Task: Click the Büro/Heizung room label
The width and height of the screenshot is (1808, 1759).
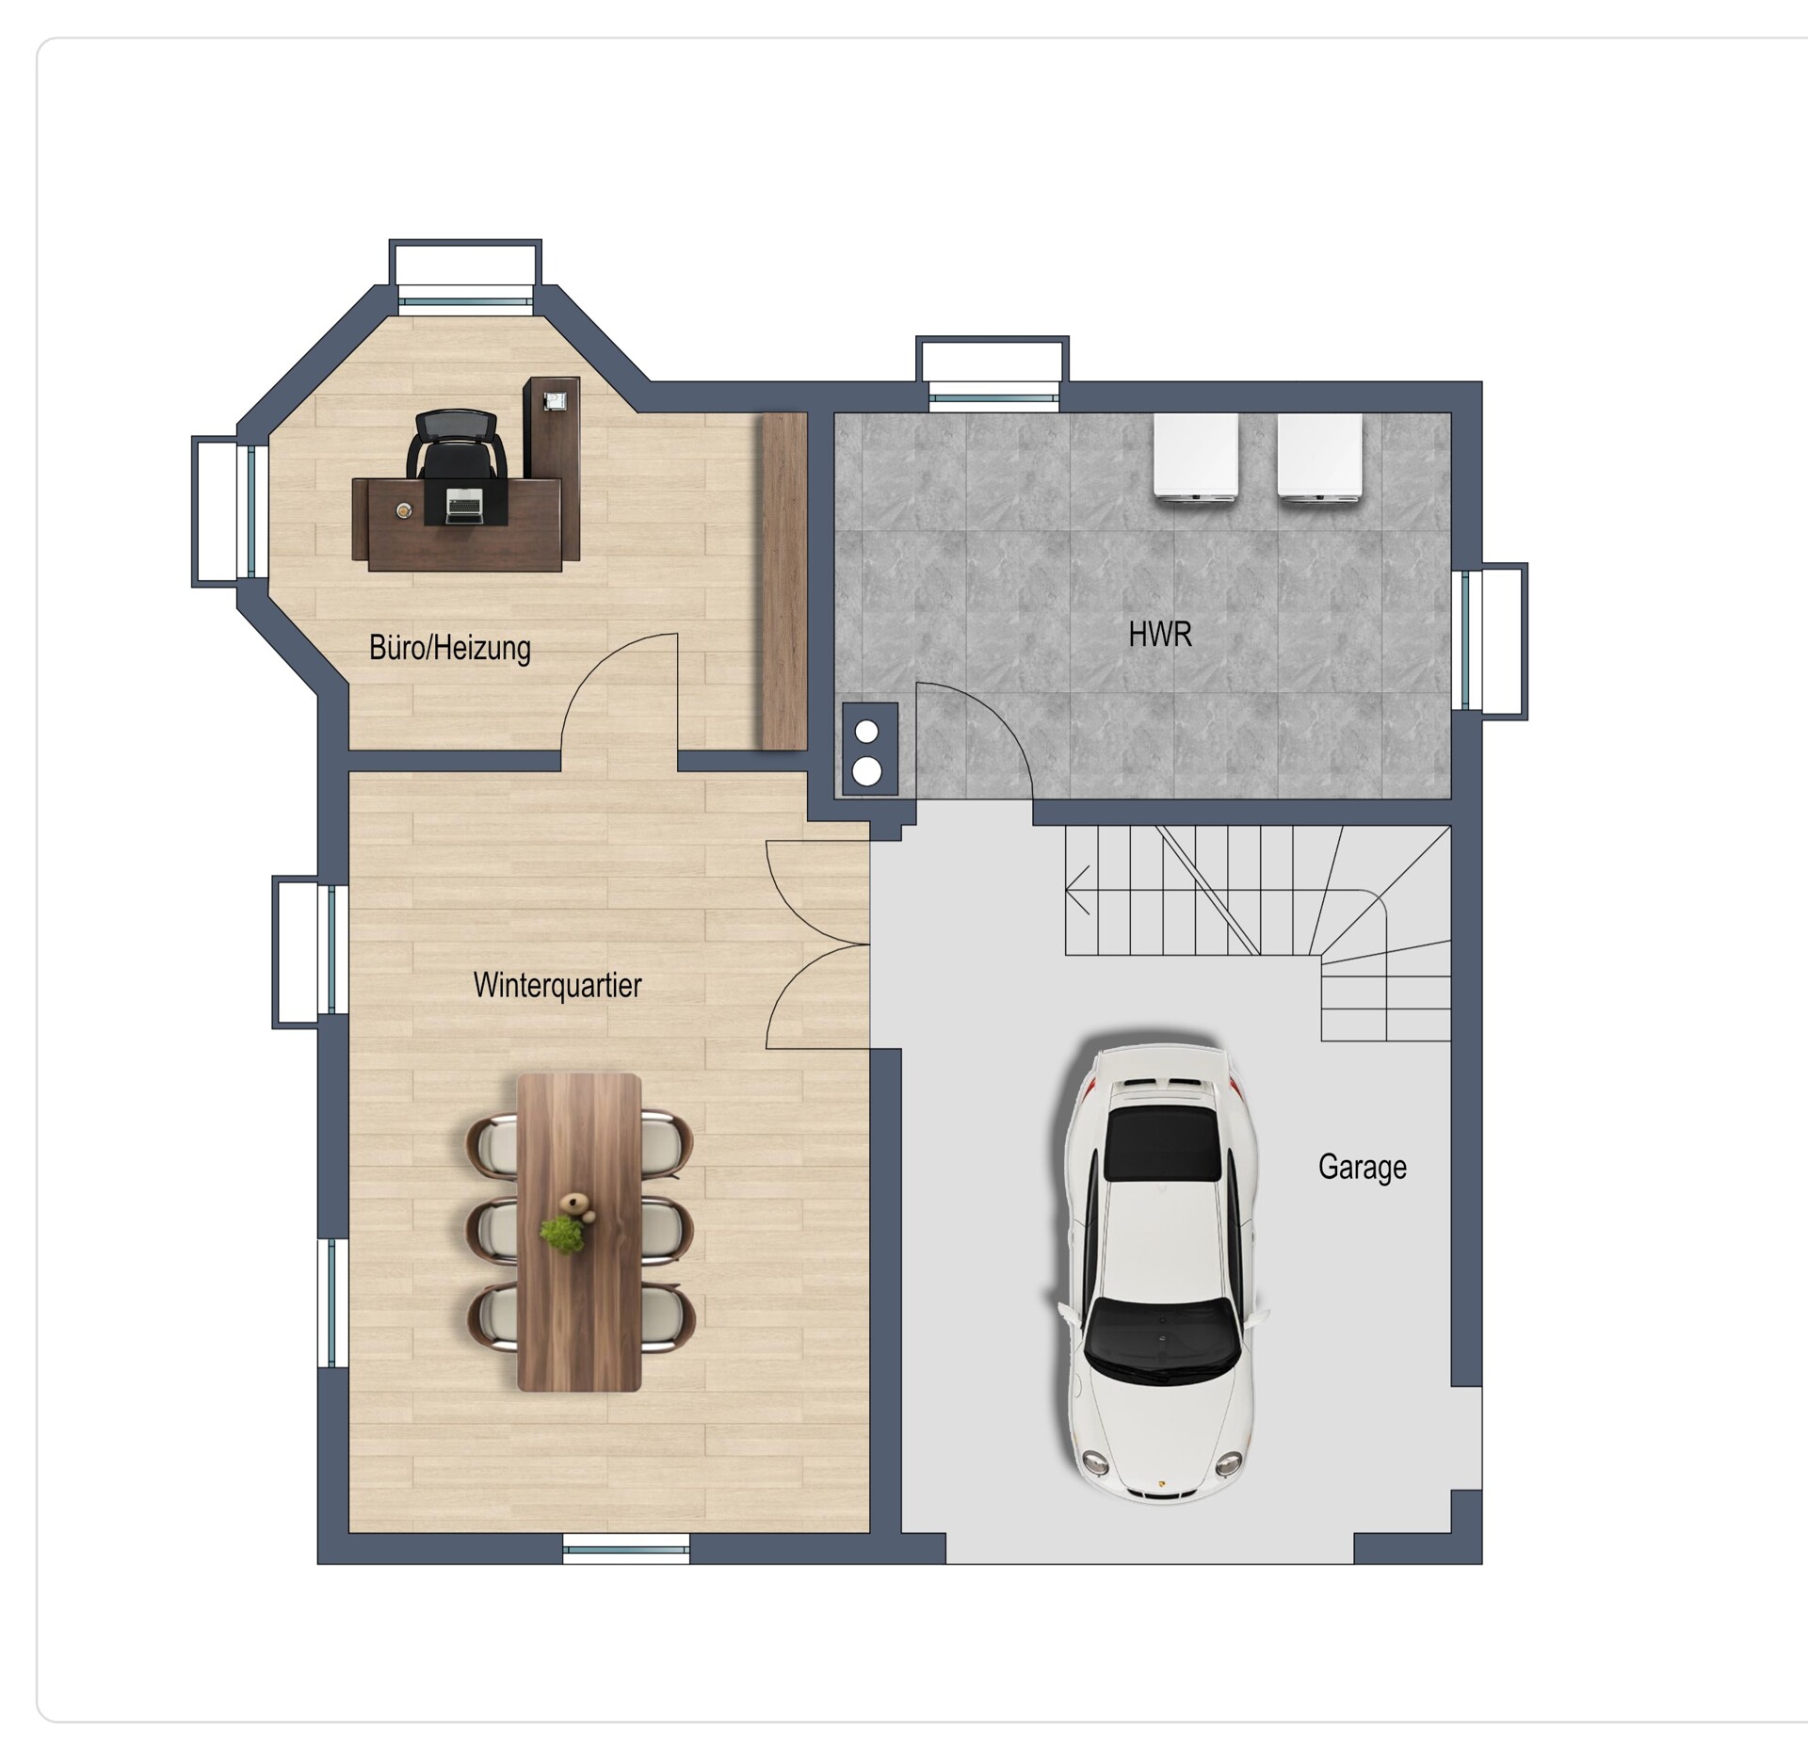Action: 450,648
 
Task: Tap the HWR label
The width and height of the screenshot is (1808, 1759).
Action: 1160,635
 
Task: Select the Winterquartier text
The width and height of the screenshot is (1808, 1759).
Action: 557,985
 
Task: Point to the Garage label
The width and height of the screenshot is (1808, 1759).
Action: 1363,1168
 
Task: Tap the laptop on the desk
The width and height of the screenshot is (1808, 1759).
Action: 464,506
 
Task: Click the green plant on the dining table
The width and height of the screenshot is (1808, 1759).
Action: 563,1233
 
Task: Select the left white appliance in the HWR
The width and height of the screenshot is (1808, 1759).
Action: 1196,457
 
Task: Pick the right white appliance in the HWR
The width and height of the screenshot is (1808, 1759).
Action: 1319,457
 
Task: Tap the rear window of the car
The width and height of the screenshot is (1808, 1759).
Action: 1166,1142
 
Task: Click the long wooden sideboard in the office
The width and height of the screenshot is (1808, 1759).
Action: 784,581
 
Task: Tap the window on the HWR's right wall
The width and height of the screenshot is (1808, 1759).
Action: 1494,640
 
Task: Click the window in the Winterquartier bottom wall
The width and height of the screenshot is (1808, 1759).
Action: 626,1547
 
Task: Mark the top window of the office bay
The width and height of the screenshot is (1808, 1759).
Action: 466,275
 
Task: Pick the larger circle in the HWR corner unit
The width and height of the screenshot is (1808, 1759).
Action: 866,771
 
